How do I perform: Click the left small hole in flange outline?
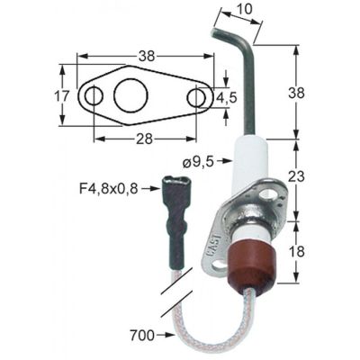tap(92, 95)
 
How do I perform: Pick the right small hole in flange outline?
tap(197, 95)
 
